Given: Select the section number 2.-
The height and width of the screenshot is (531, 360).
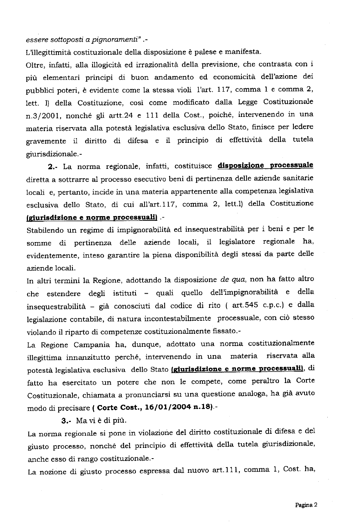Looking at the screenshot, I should pyautogui.click(x=53, y=167).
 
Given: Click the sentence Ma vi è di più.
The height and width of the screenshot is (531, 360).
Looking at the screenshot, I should pyautogui.click(x=101, y=420).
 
